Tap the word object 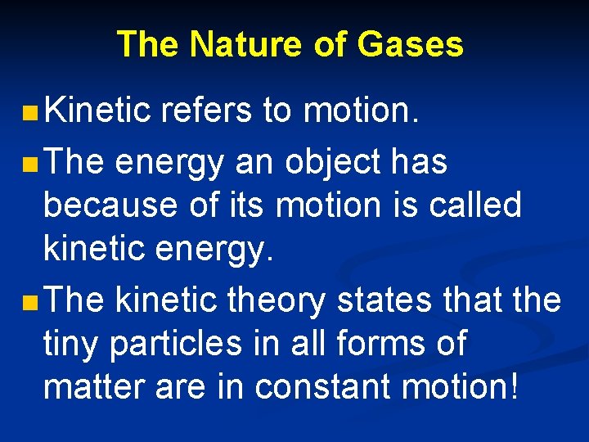[x=332, y=164]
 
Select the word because [x=98, y=205]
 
